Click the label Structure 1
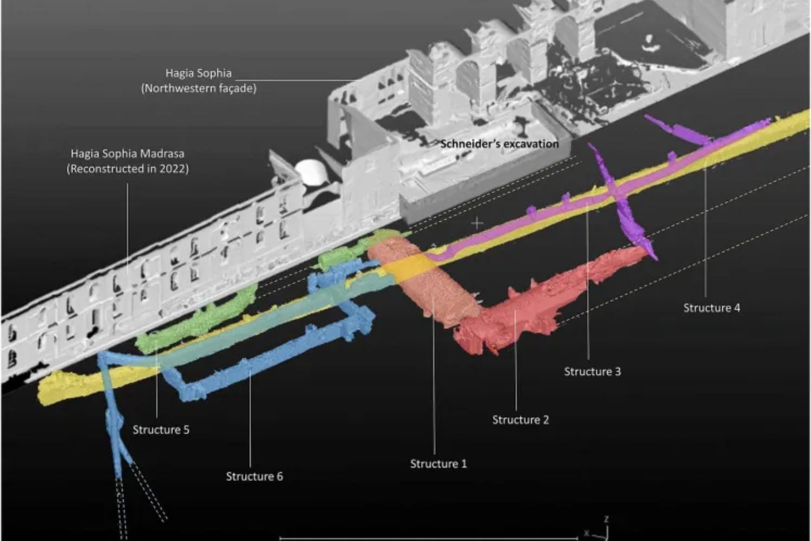[x=438, y=464]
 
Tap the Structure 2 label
[x=520, y=420]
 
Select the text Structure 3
[x=593, y=372]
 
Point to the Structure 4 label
[x=712, y=308]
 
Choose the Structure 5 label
[x=161, y=430]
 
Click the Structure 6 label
[x=255, y=476]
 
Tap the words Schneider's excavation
[x=500, y=144]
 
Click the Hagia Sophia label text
[x=198, y=73]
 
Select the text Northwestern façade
[x=199, y=88]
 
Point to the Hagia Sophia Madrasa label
[x=128, y=154]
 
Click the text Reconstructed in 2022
[x=128, y=169]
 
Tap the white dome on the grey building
[x=311, y=171]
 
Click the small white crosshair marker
[x=477, y=223]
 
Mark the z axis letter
[x=607, y=519]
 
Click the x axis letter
[x=587, y=533]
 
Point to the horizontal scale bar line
[x=429, y=538]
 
